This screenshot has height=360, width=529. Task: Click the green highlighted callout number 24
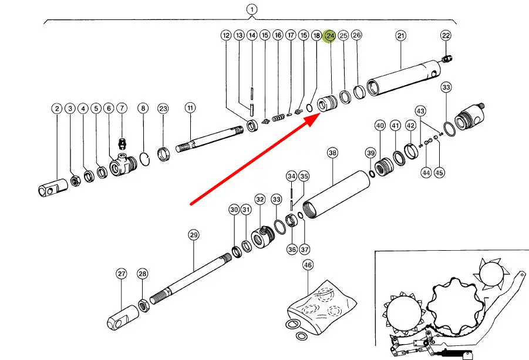click(x=330, y=36)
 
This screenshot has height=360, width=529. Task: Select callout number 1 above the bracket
click(x=251, y=9)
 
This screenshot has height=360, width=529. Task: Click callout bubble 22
click(x=446, y=36)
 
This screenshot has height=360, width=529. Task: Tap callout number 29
click(x=194, y=235)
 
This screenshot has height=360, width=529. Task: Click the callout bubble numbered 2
click(x=57, y=108)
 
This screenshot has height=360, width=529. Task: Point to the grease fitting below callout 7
click(x=122, y=144)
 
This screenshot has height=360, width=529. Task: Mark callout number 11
click(x=190, y=108)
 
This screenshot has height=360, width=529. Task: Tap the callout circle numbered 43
click(x=420, y=111)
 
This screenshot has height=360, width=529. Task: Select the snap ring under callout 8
click(x=144, y=160)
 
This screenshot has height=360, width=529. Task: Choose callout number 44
click(x=426, y=173)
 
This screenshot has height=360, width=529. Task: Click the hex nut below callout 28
click(x=143, y=305)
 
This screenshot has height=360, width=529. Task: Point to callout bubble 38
click(x=333, y=153)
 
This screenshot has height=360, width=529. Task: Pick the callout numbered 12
click(x=226, y=36)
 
